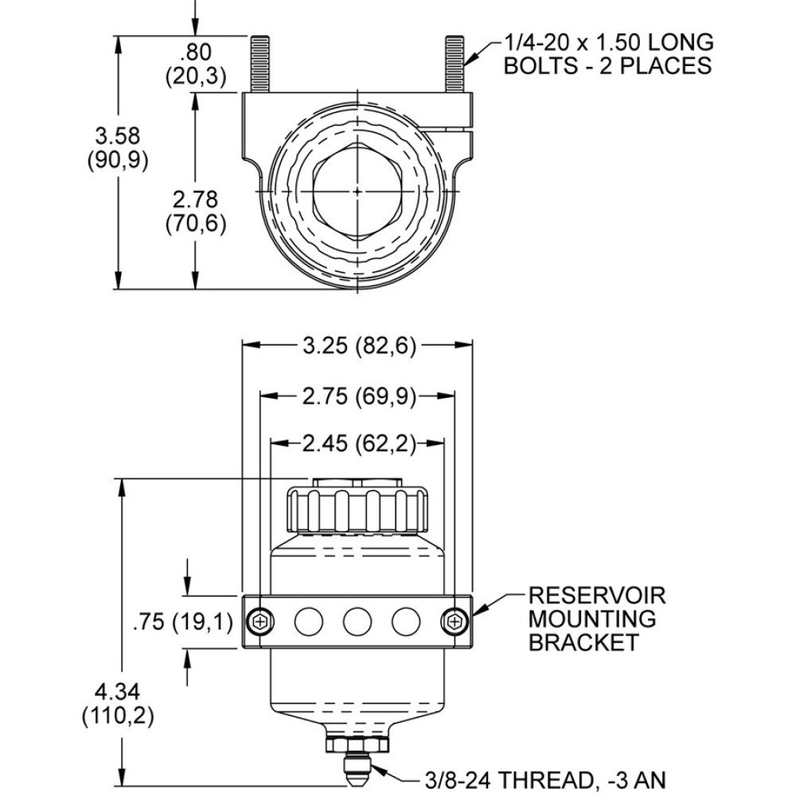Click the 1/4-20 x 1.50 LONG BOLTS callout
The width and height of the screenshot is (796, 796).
pyautogui.click(x=608, y=53)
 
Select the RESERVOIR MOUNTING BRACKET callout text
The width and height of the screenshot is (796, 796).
pyautogui.click(x=597, y=618)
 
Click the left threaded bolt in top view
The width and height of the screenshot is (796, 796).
pyautogui.click(x=260, y=64)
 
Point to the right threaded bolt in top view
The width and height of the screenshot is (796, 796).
pyautogui.click(x=455, y=64)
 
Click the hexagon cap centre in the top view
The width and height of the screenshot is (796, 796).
pyautogui.click(x=358, y=191)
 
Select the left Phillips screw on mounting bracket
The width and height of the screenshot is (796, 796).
pyautogui.click(x=259, y=621)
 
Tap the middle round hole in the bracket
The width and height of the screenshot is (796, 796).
pyautogui.click(x=357, y=621)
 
